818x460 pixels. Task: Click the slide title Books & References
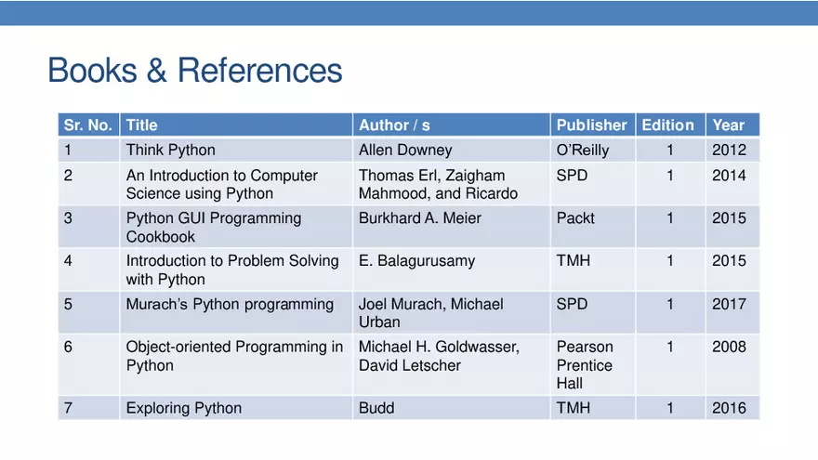click(194, 71)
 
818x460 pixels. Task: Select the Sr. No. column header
click(87, 125)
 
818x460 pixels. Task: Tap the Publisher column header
click(591, 125)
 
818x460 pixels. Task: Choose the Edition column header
click(667, 125)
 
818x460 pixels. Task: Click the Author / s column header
click(394, 125)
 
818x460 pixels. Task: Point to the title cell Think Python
click(171, 150)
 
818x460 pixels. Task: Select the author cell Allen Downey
click(405, 150)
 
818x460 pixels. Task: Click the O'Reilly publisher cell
click(583, 150)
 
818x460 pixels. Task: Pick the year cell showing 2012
click(729, 150)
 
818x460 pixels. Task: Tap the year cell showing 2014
click(729, 176)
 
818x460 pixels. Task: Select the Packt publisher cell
click(575, 218)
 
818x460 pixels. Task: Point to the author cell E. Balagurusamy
click(416, 261)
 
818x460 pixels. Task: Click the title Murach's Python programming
click(230, 304)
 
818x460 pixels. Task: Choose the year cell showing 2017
click(729, 304)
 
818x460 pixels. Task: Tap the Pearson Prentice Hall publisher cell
click(585, 365)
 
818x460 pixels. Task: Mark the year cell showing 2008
click(729, 347)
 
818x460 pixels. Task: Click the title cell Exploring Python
click(184, 408)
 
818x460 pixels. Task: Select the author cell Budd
click(376, 408)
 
